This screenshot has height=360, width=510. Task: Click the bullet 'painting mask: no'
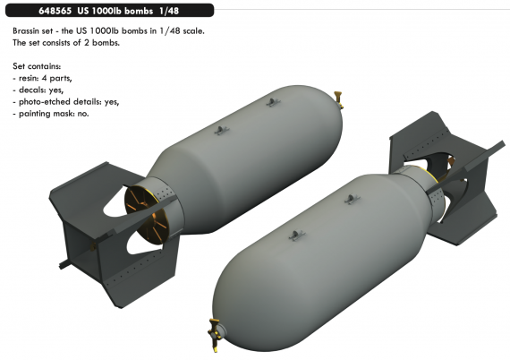[x=53, y=114]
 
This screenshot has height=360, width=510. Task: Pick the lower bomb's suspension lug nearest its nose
[x=292, y=236]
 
